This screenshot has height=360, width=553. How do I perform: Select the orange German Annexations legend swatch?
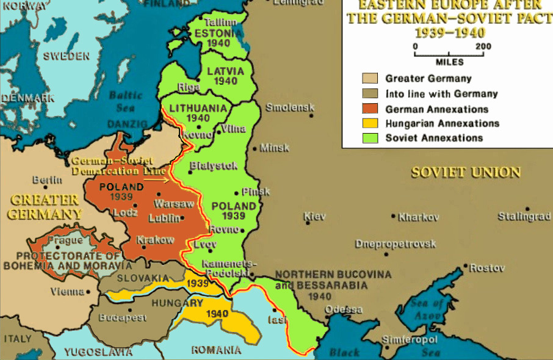pos(370,109)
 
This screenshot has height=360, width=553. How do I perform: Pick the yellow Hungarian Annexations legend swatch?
pos(370,123)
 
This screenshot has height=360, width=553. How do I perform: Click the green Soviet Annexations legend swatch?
pos(370,138)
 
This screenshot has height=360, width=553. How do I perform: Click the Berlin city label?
pos(47,180)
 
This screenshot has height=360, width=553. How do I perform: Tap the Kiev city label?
pos(315,217)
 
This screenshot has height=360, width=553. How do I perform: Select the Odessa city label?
pos(344,309)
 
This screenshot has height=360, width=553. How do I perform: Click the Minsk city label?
pos(275,148)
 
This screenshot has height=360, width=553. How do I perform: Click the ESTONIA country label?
pos(218,34)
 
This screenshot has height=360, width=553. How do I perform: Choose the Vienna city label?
pos(67,292)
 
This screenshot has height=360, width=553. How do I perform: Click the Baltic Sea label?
pos(126,101)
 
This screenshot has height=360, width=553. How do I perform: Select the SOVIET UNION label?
pos(466,172)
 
